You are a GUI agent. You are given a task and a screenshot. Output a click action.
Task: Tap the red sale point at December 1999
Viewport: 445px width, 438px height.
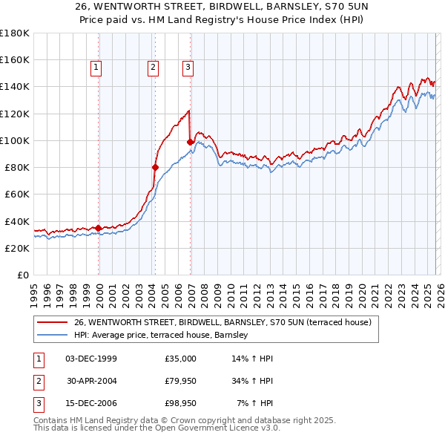tap(99, 228)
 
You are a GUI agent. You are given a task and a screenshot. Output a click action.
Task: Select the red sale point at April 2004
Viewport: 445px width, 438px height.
tap(155, 167)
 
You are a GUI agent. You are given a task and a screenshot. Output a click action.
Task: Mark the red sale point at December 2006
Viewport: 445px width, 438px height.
tap(191, 142)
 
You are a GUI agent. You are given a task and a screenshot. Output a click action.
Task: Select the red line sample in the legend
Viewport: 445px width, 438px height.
tap(53, 322)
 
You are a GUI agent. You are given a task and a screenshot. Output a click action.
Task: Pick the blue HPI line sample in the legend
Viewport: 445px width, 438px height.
tap(53, 336)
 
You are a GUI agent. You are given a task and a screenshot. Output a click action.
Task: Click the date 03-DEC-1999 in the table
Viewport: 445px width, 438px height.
tap(91, 359)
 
